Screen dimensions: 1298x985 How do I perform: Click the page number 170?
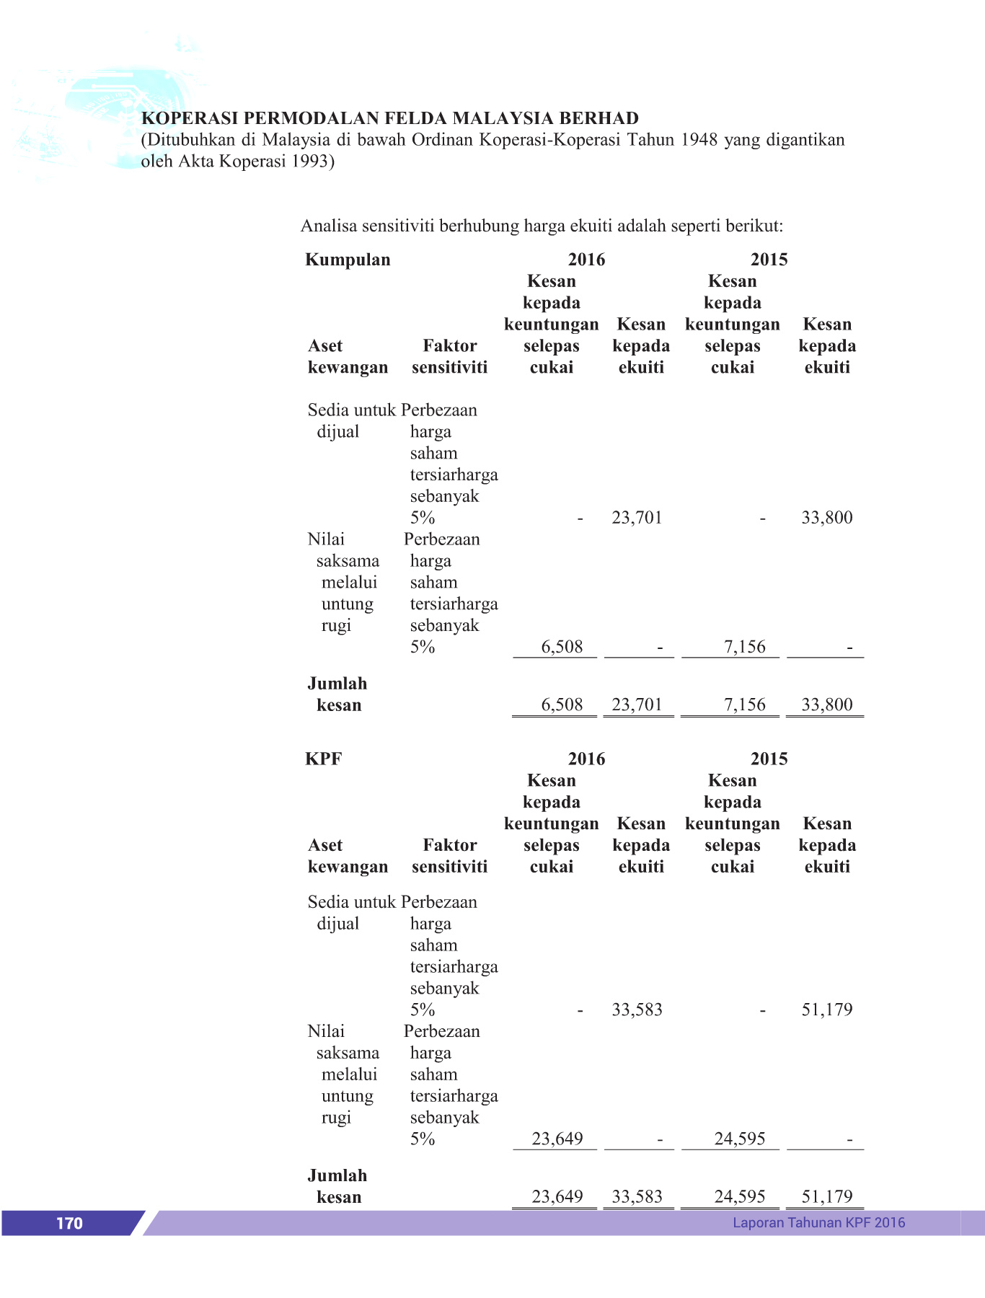69,1223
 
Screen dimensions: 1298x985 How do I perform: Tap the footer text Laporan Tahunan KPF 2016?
818,1222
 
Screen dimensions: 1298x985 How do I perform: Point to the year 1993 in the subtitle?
310,161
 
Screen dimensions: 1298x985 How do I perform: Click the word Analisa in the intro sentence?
329,226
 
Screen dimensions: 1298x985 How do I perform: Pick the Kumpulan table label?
348,260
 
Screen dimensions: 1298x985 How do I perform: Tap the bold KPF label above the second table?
323,759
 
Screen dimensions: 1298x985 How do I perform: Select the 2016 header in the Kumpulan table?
586,260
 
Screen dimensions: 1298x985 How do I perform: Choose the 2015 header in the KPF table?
769,759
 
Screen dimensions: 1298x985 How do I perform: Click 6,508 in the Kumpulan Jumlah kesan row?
562,705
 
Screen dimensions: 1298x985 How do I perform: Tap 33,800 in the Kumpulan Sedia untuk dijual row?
826,517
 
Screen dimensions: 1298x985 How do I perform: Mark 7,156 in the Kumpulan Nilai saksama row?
744,647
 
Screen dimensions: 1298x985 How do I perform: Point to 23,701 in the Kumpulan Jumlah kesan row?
637,705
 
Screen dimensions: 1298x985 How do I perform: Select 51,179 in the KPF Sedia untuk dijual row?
826,1010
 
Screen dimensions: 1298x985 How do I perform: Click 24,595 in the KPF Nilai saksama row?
739,1139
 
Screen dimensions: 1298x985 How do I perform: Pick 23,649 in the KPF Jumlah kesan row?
557,1196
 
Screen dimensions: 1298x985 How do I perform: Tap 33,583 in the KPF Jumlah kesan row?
637,1196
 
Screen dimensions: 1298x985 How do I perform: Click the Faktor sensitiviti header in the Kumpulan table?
449,356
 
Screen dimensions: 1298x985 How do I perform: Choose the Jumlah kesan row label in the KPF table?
337,1186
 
